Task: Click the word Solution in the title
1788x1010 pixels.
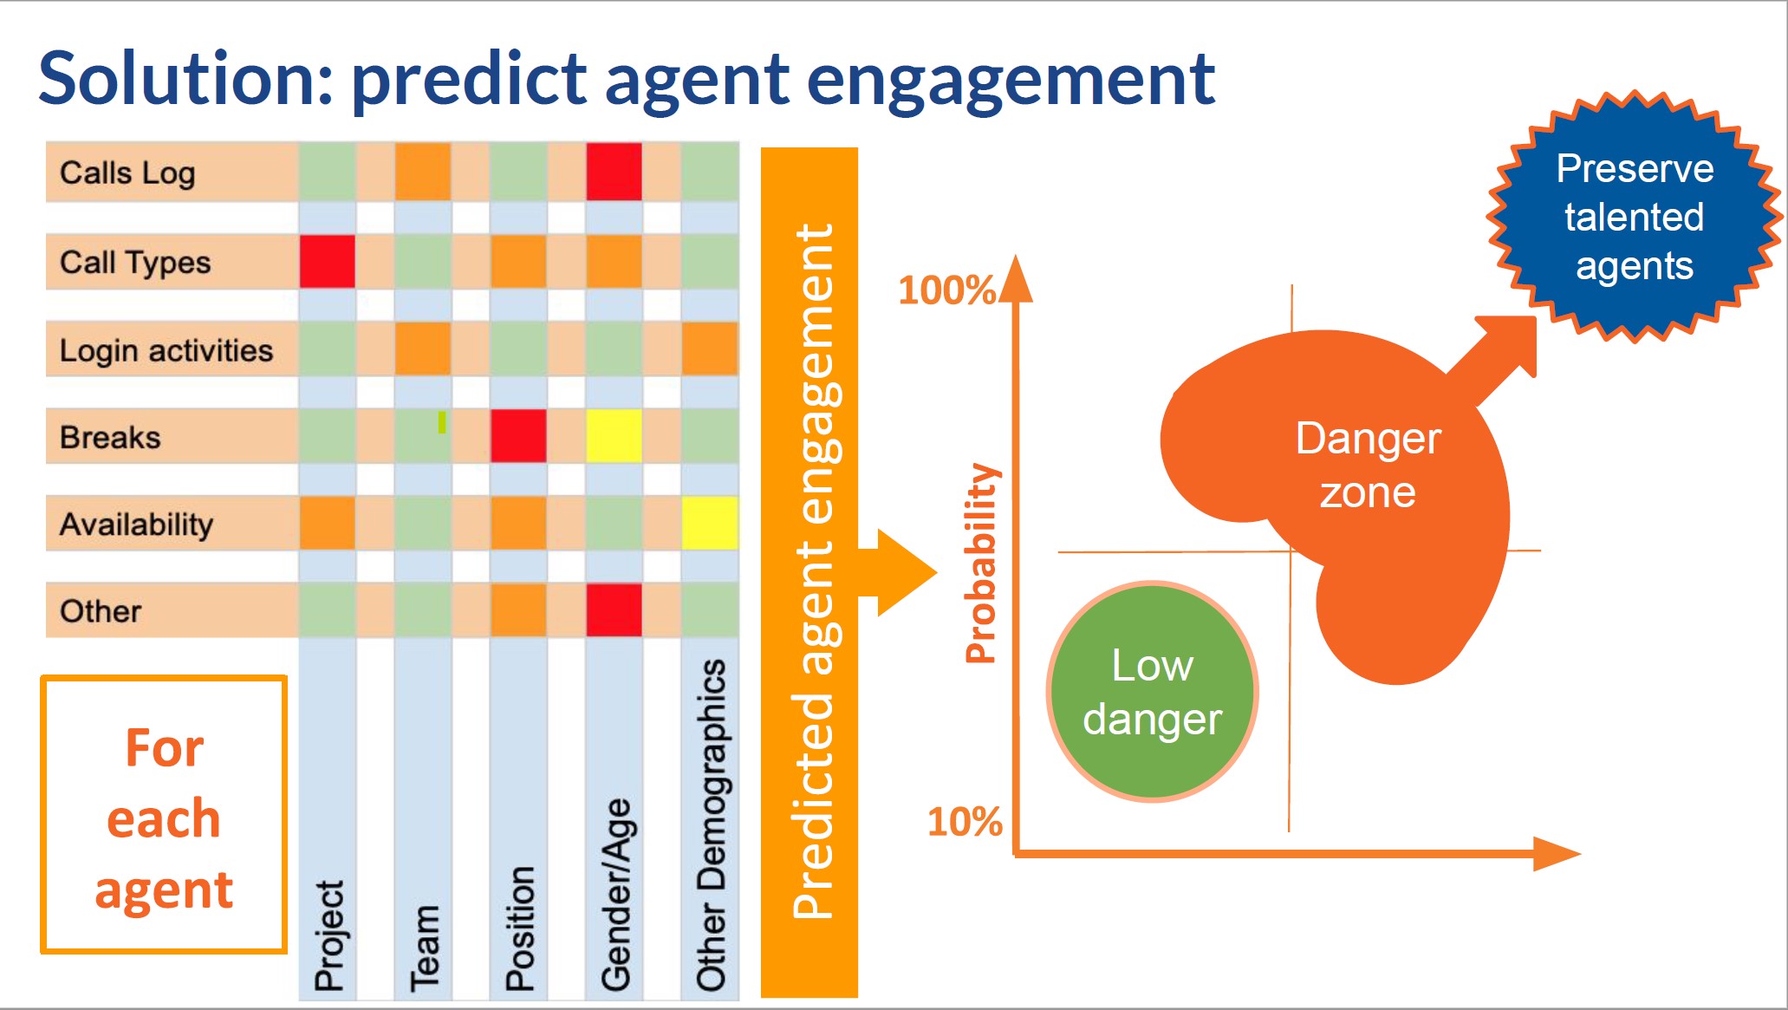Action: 185,79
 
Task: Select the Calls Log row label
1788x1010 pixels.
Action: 127,173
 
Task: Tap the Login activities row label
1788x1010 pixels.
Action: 166,350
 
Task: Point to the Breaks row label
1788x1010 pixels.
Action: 110,437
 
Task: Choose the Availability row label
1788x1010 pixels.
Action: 136,525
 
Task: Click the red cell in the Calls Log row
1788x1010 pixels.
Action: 614,172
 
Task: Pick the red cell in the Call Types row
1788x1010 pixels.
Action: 327,261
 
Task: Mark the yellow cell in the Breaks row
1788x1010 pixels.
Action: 614,436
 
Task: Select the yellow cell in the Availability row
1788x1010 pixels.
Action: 710,523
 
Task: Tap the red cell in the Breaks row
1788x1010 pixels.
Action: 518,436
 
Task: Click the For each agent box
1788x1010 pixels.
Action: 164,815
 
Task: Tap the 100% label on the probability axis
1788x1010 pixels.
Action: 946,290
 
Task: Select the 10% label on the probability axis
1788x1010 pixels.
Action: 965,822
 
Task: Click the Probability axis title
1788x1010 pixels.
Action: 982,564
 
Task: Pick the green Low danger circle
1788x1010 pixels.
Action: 1152,691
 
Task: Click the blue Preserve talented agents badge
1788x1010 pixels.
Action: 1634,217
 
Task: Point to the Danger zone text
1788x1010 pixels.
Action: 1368,466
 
